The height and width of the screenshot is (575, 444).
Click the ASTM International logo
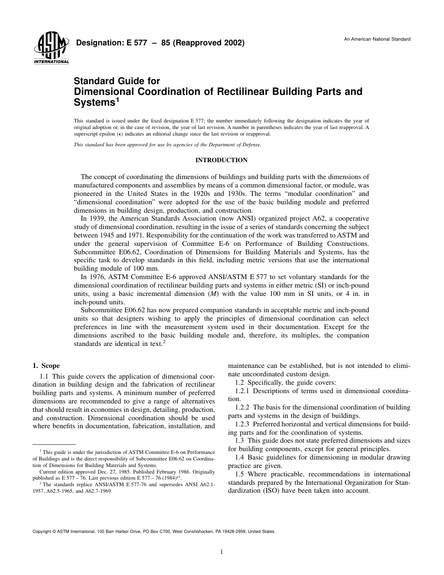pyautogui.click(x=51, y=49)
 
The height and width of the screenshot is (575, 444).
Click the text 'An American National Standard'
pyautogui.click(x=377, y=39)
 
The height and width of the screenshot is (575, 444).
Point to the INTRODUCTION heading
pyautogui.click(x=222, y=160)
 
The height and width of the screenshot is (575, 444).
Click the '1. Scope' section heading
pyautogui.click(x=46, y=366)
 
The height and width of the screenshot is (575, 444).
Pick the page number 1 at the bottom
pyautogui.click(x=222, y=552)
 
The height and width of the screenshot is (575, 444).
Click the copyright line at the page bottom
pyautogui.click(x=153, y=532)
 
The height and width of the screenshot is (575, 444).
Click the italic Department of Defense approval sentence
pyautogui.click(x=168, y=145)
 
